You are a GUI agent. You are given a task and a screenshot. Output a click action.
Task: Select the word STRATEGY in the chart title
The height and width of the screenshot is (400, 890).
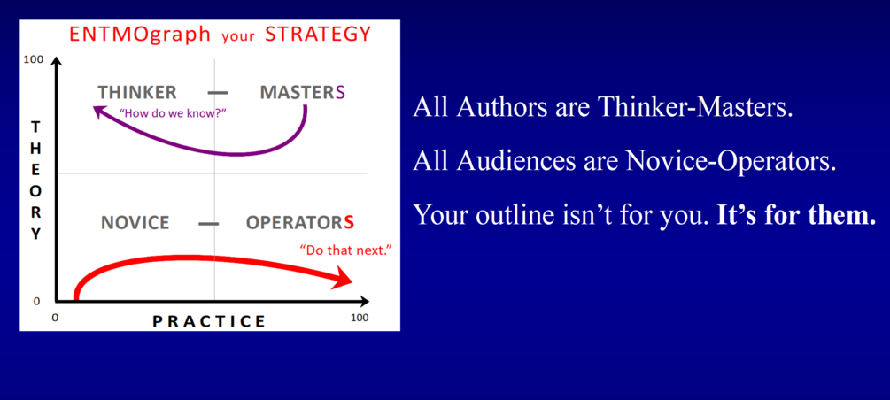click(x=318, y=34)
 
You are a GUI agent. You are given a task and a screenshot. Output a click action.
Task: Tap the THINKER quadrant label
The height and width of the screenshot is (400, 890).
click(x=136, y=93)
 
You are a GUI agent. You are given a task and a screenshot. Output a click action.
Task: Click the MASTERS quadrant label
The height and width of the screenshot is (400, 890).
click(x=303, y=93)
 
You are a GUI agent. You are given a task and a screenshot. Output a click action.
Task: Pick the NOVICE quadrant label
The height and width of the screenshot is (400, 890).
click(x=135, y=222)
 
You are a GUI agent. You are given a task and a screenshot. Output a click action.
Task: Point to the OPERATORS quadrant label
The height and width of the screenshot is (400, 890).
click(x=300, y=222)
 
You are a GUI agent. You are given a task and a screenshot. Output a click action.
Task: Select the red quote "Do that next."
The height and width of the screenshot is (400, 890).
click(x=345, y=250)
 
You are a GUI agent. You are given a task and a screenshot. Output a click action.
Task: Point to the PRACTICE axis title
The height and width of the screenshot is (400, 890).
click(x=209, y=321)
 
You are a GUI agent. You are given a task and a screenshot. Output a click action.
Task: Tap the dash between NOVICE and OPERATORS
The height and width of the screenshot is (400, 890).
click(x=208, y=224)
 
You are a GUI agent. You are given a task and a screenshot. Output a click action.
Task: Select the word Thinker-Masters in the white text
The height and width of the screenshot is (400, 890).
click(x=695, y=107)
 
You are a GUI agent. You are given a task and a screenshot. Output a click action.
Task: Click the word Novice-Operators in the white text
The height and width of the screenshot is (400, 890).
click(x=731, y=161)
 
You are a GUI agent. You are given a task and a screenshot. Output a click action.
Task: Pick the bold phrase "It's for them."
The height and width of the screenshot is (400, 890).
click(x=797, y=214)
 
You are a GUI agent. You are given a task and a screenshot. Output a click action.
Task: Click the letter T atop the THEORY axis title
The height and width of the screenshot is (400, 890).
click(x=35, y=127)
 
